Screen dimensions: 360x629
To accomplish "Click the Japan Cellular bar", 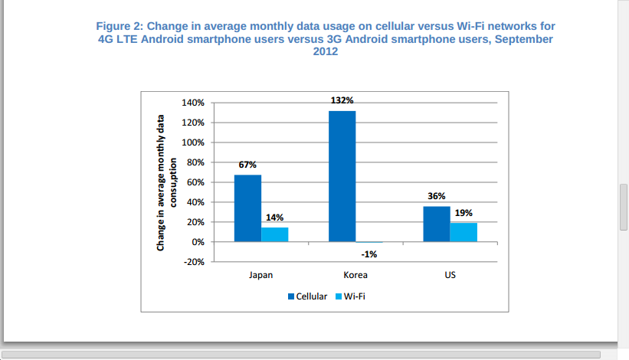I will click(x=247, y=208).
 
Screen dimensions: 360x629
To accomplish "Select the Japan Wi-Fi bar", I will click(x=274, y=234).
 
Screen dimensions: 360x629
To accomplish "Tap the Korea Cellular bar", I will click(x=342, y=176).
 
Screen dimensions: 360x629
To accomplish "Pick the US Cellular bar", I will click(x=437, y=224).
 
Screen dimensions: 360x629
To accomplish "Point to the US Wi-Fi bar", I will click(x=464, y=232).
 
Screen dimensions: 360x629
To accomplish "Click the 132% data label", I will click(x=342, y=100).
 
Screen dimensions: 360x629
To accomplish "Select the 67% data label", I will click(x=247, y=165).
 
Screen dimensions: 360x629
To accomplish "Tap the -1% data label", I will click(x=369, y=254).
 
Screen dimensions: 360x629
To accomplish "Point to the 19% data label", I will click(x=464, y=213).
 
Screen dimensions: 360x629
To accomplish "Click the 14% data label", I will click(x=274, y=218).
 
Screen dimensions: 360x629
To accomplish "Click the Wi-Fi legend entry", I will click(x=355, y=296).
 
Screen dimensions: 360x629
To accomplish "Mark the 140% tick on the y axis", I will click(x=194, y=103).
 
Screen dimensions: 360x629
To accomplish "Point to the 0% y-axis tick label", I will click(x=198, y=242).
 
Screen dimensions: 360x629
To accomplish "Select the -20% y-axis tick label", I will click(x=195, y=262).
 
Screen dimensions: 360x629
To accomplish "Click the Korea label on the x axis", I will click(x=355, y=274).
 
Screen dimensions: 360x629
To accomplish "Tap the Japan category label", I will click(x=260, y=274).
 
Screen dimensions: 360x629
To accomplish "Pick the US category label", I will click(x=450, y=274).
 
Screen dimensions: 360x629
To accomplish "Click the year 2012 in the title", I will click(x=326, y=52).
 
